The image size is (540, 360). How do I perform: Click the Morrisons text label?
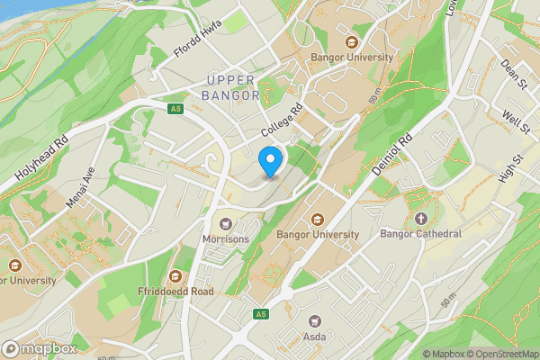point(225,238)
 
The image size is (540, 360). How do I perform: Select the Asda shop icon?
point(315,320)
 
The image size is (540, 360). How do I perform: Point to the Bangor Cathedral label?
point(420,234)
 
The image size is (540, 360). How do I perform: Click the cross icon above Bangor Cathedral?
point(420,218)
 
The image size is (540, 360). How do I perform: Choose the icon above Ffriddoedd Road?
point(175,276)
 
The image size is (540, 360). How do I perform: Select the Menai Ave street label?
point(80,189)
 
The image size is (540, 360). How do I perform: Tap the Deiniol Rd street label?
point(392,154)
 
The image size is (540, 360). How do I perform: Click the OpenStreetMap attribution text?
point(502,354)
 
